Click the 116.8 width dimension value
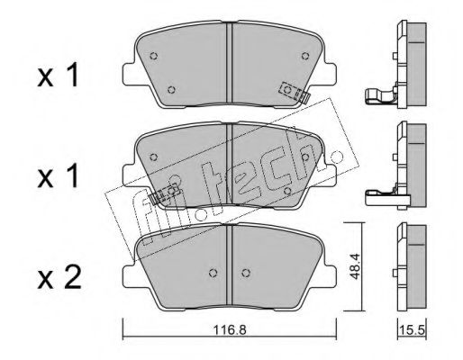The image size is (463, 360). [x=230, y=330]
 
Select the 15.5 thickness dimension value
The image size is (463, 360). [x=413, y=330]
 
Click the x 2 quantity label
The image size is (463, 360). [x=59, y=280]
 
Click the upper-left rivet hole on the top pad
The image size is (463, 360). [x=154, y=56]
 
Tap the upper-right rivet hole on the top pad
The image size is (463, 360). [x=305, y=56]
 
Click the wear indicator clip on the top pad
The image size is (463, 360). [x=295, y=92]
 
